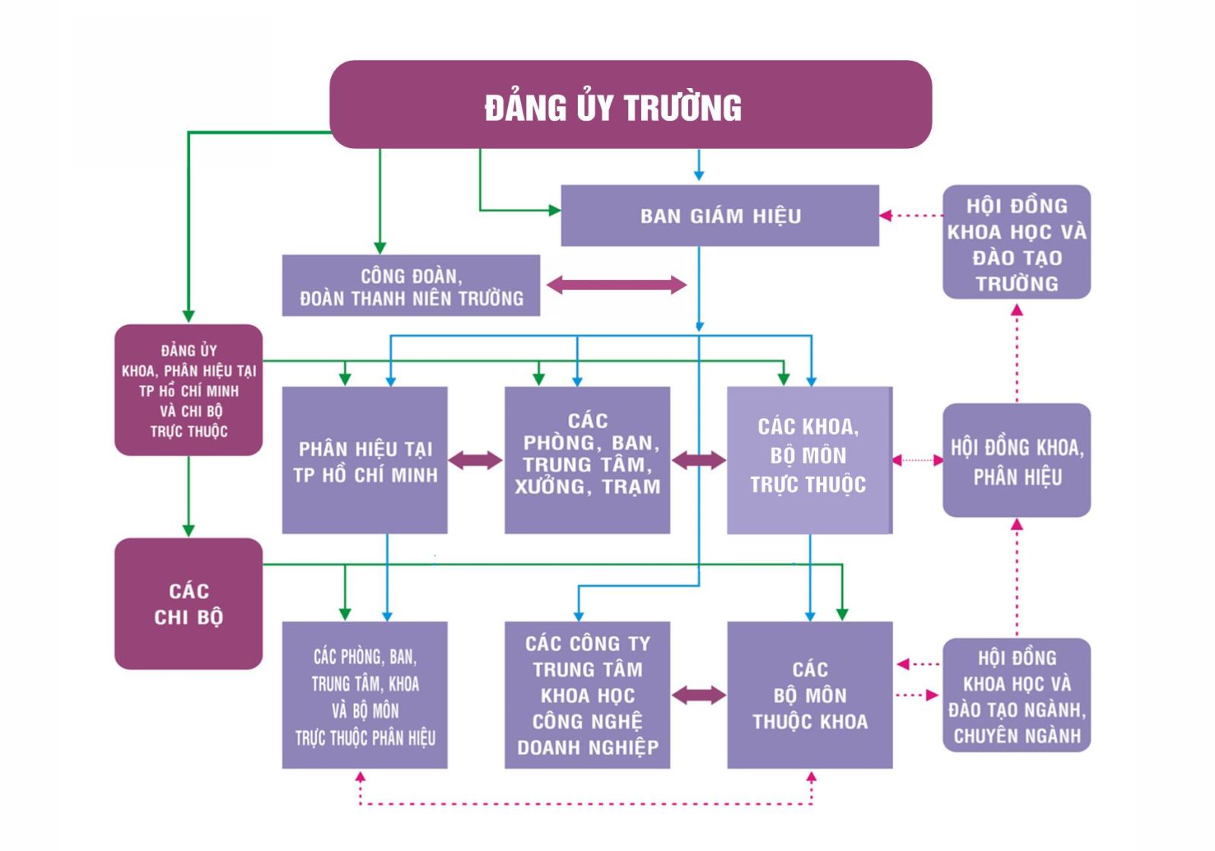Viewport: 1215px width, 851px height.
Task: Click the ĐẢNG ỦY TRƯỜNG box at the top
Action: click(x=631, y=104)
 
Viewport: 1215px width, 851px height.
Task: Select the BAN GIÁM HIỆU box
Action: click(x=720, y=216)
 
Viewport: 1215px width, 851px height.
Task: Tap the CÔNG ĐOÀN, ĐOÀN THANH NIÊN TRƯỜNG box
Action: click(x=411, y=285)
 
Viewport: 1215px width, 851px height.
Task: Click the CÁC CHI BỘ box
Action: click(x=189, y=604)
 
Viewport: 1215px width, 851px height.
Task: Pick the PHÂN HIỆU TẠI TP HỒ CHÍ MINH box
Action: click(x=365, y=460)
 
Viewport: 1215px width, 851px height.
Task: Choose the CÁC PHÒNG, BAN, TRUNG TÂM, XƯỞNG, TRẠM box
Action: click(x=588, y=460)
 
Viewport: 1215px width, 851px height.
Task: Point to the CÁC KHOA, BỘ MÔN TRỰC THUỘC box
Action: click(x=809, y=460)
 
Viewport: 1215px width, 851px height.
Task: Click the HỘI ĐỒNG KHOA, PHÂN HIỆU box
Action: click(x=1017, y=460)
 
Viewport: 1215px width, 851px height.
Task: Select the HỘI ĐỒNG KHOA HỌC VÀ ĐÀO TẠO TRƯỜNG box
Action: click(x=1017, y=242)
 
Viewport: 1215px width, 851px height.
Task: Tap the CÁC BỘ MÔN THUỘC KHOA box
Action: click(x=809, y=695)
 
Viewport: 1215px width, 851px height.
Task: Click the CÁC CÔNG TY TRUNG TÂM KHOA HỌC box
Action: click(x=588, y=695)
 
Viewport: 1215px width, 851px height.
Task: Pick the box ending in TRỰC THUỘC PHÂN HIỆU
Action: click(x=365, y=695)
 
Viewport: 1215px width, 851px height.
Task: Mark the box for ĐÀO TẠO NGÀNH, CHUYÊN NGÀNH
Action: click(x=1017, y=695)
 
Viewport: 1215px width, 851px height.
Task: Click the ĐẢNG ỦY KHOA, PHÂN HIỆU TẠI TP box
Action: click(x=189, y=390)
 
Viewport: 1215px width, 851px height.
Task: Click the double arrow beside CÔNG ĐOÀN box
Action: click(x=617, y=285)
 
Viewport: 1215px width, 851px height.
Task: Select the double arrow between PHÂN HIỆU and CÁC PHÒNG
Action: click(x=475, y=461)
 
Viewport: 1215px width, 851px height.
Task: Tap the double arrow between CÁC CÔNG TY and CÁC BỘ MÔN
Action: click(x=699, y=695)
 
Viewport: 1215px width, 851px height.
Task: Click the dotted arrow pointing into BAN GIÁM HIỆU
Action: click(x=911, y=216)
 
